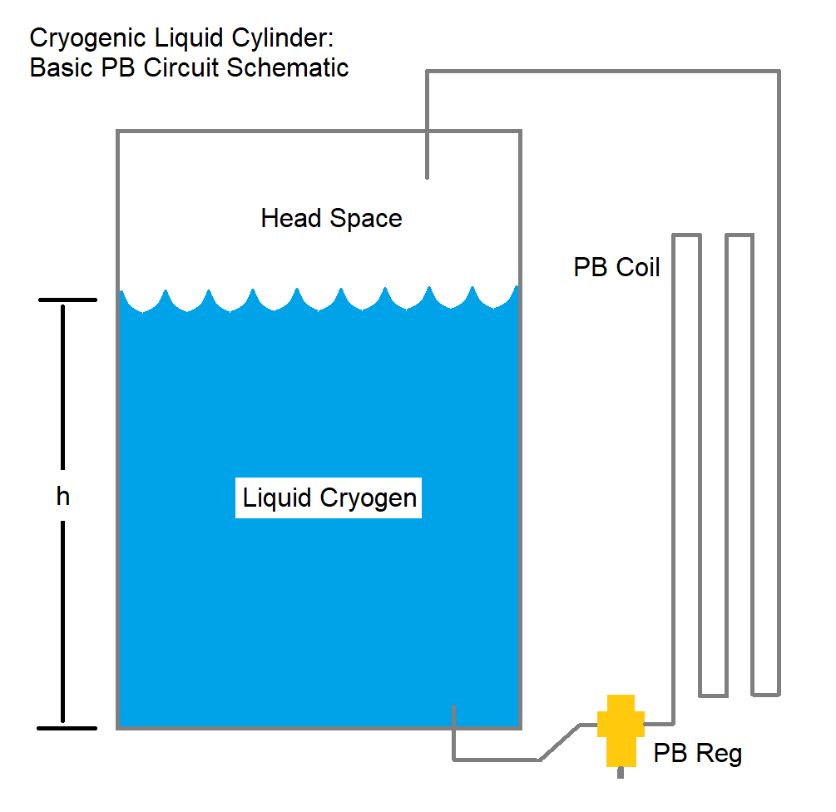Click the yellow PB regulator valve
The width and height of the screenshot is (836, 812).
[621, 728]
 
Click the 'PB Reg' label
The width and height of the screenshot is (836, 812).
[697, 754]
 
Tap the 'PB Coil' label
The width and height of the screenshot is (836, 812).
[616, 267]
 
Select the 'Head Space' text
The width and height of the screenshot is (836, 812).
[331, 219]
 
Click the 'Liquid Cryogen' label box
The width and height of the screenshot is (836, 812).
[329, 498]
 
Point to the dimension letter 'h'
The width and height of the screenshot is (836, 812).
[63, 497]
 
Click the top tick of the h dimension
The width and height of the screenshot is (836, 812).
[67, 300]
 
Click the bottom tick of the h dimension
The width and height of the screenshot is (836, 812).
[67, 728]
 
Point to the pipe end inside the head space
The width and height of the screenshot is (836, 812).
[427, 175]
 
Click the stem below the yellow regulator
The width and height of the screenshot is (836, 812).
[621, 772]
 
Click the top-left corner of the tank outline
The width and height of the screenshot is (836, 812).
[118, 132]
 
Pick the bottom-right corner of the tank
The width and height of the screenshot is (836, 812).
[520, 727]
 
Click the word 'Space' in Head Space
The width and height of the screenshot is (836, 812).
[366, 219]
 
